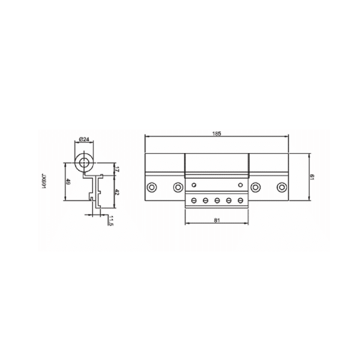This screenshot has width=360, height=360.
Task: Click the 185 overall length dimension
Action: click(217, 133)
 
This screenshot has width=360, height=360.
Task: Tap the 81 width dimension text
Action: click(217, 220)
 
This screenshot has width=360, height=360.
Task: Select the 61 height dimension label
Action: click(311, 177)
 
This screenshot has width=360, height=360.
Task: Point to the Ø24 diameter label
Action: click(84, 139)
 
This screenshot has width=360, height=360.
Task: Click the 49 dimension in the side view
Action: click(68, 182)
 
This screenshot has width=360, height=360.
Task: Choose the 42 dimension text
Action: click(116, 192)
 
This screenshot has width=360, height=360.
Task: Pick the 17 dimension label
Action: click(116, 169)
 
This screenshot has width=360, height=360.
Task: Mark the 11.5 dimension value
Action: click(111, 221)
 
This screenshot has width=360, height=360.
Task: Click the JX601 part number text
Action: click(44, 181)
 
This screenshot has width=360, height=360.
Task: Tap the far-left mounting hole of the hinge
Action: click(152, 187)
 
